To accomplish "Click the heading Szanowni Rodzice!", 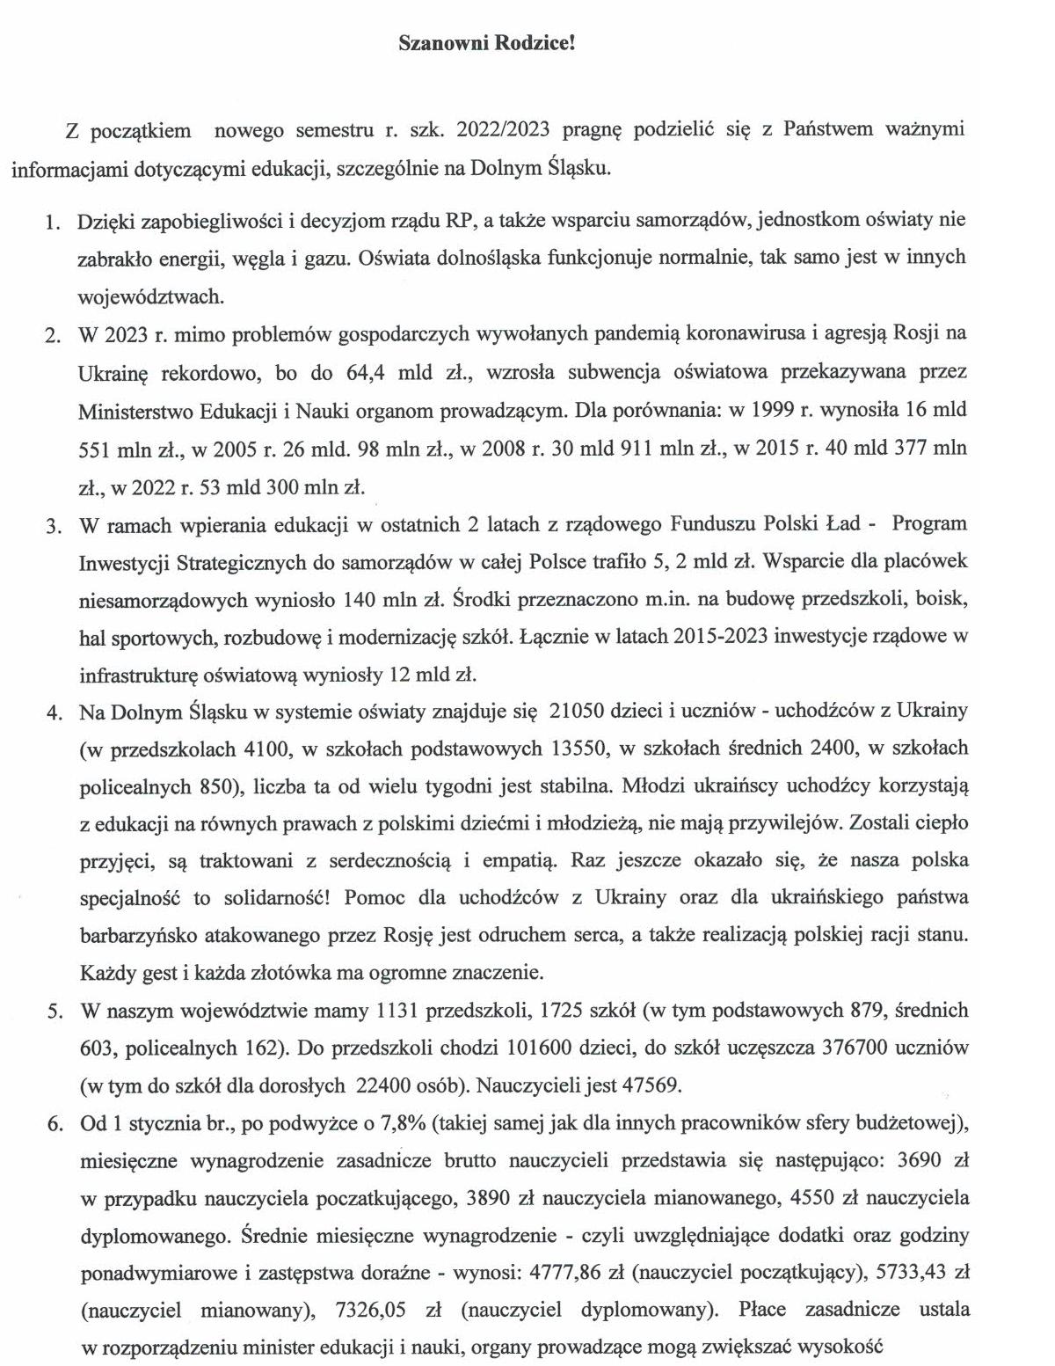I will coord(486,42).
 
